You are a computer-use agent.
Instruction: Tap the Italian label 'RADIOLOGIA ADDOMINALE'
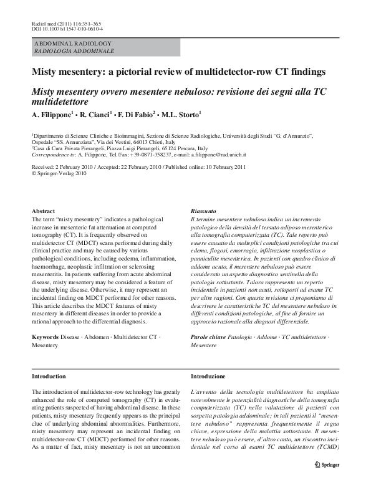[74, 50]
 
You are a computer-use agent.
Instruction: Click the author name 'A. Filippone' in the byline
[54, 115]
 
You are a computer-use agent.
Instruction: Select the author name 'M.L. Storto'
[182, 115]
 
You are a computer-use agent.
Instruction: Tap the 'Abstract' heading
[43, 211]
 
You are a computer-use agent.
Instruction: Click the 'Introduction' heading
[49, 376]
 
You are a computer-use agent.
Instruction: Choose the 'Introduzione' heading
[208, 376]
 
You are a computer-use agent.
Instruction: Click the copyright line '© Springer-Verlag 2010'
[59, 174]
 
